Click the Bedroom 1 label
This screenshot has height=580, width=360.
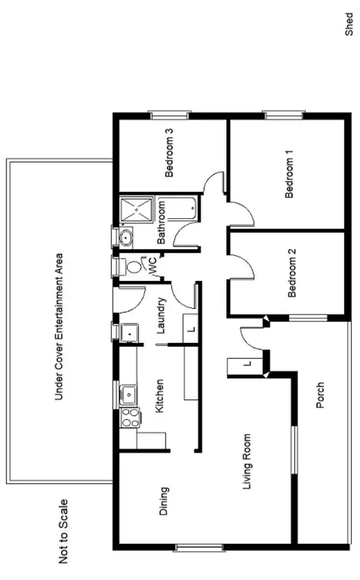pyautogui.click(x=290, y=173)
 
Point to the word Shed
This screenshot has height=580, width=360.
pyautogui.click(x=349, y=23)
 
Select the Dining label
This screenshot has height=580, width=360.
pyautogui.click(x=164, y=501)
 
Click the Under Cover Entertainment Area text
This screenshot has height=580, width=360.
pyautogui.click(x=59, y=326)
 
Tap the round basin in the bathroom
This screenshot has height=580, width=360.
pyautogui.click(x=126, y=238)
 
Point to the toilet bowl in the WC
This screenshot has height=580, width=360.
pyautogui.click(x=133, y=267)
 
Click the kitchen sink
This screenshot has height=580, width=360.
pyautogui.click(x=129, y=391)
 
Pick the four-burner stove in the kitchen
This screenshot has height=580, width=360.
pyautogui.click(x=130, y=418)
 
